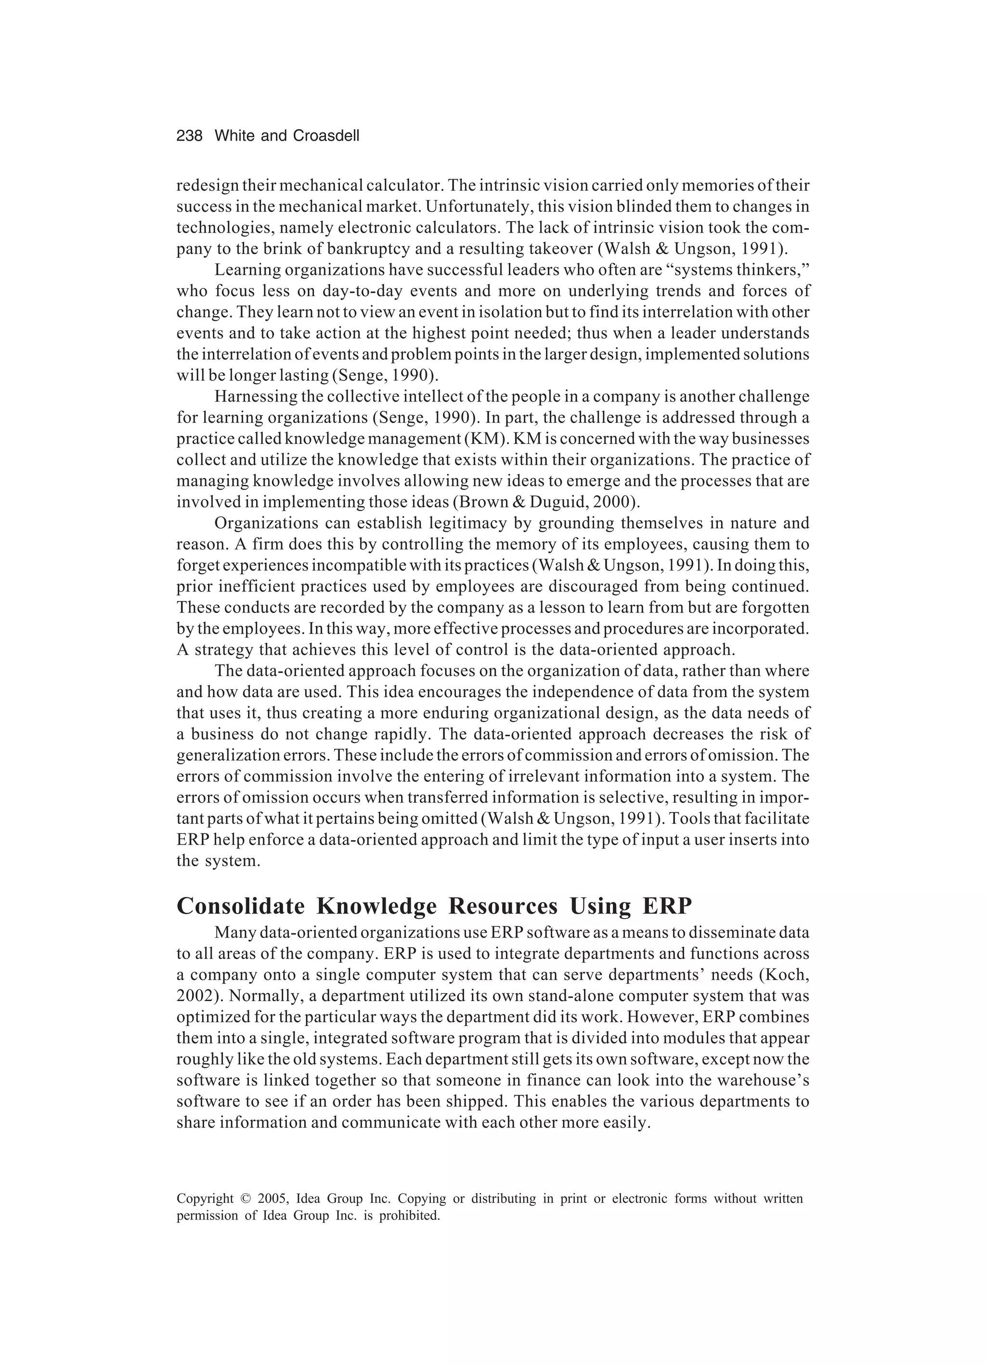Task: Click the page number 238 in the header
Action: click(189, 136)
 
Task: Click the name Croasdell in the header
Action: click(326, 136)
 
